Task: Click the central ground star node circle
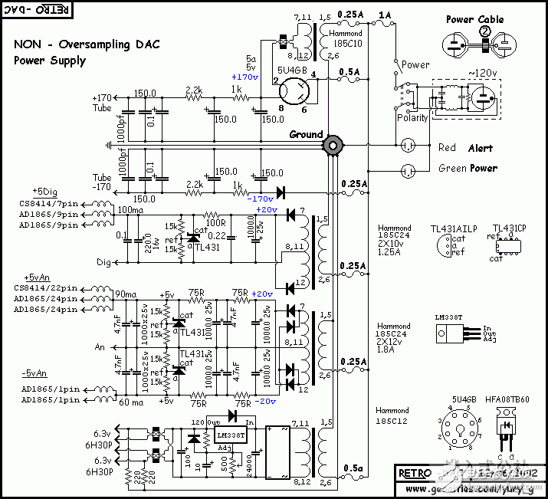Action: pos(333,144)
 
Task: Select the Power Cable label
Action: pos(474,19)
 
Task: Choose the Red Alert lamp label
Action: pos(464,148)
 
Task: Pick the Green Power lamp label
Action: pos(468,168)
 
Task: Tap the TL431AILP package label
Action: pos(453,228)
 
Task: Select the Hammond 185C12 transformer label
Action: pos(392,415)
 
